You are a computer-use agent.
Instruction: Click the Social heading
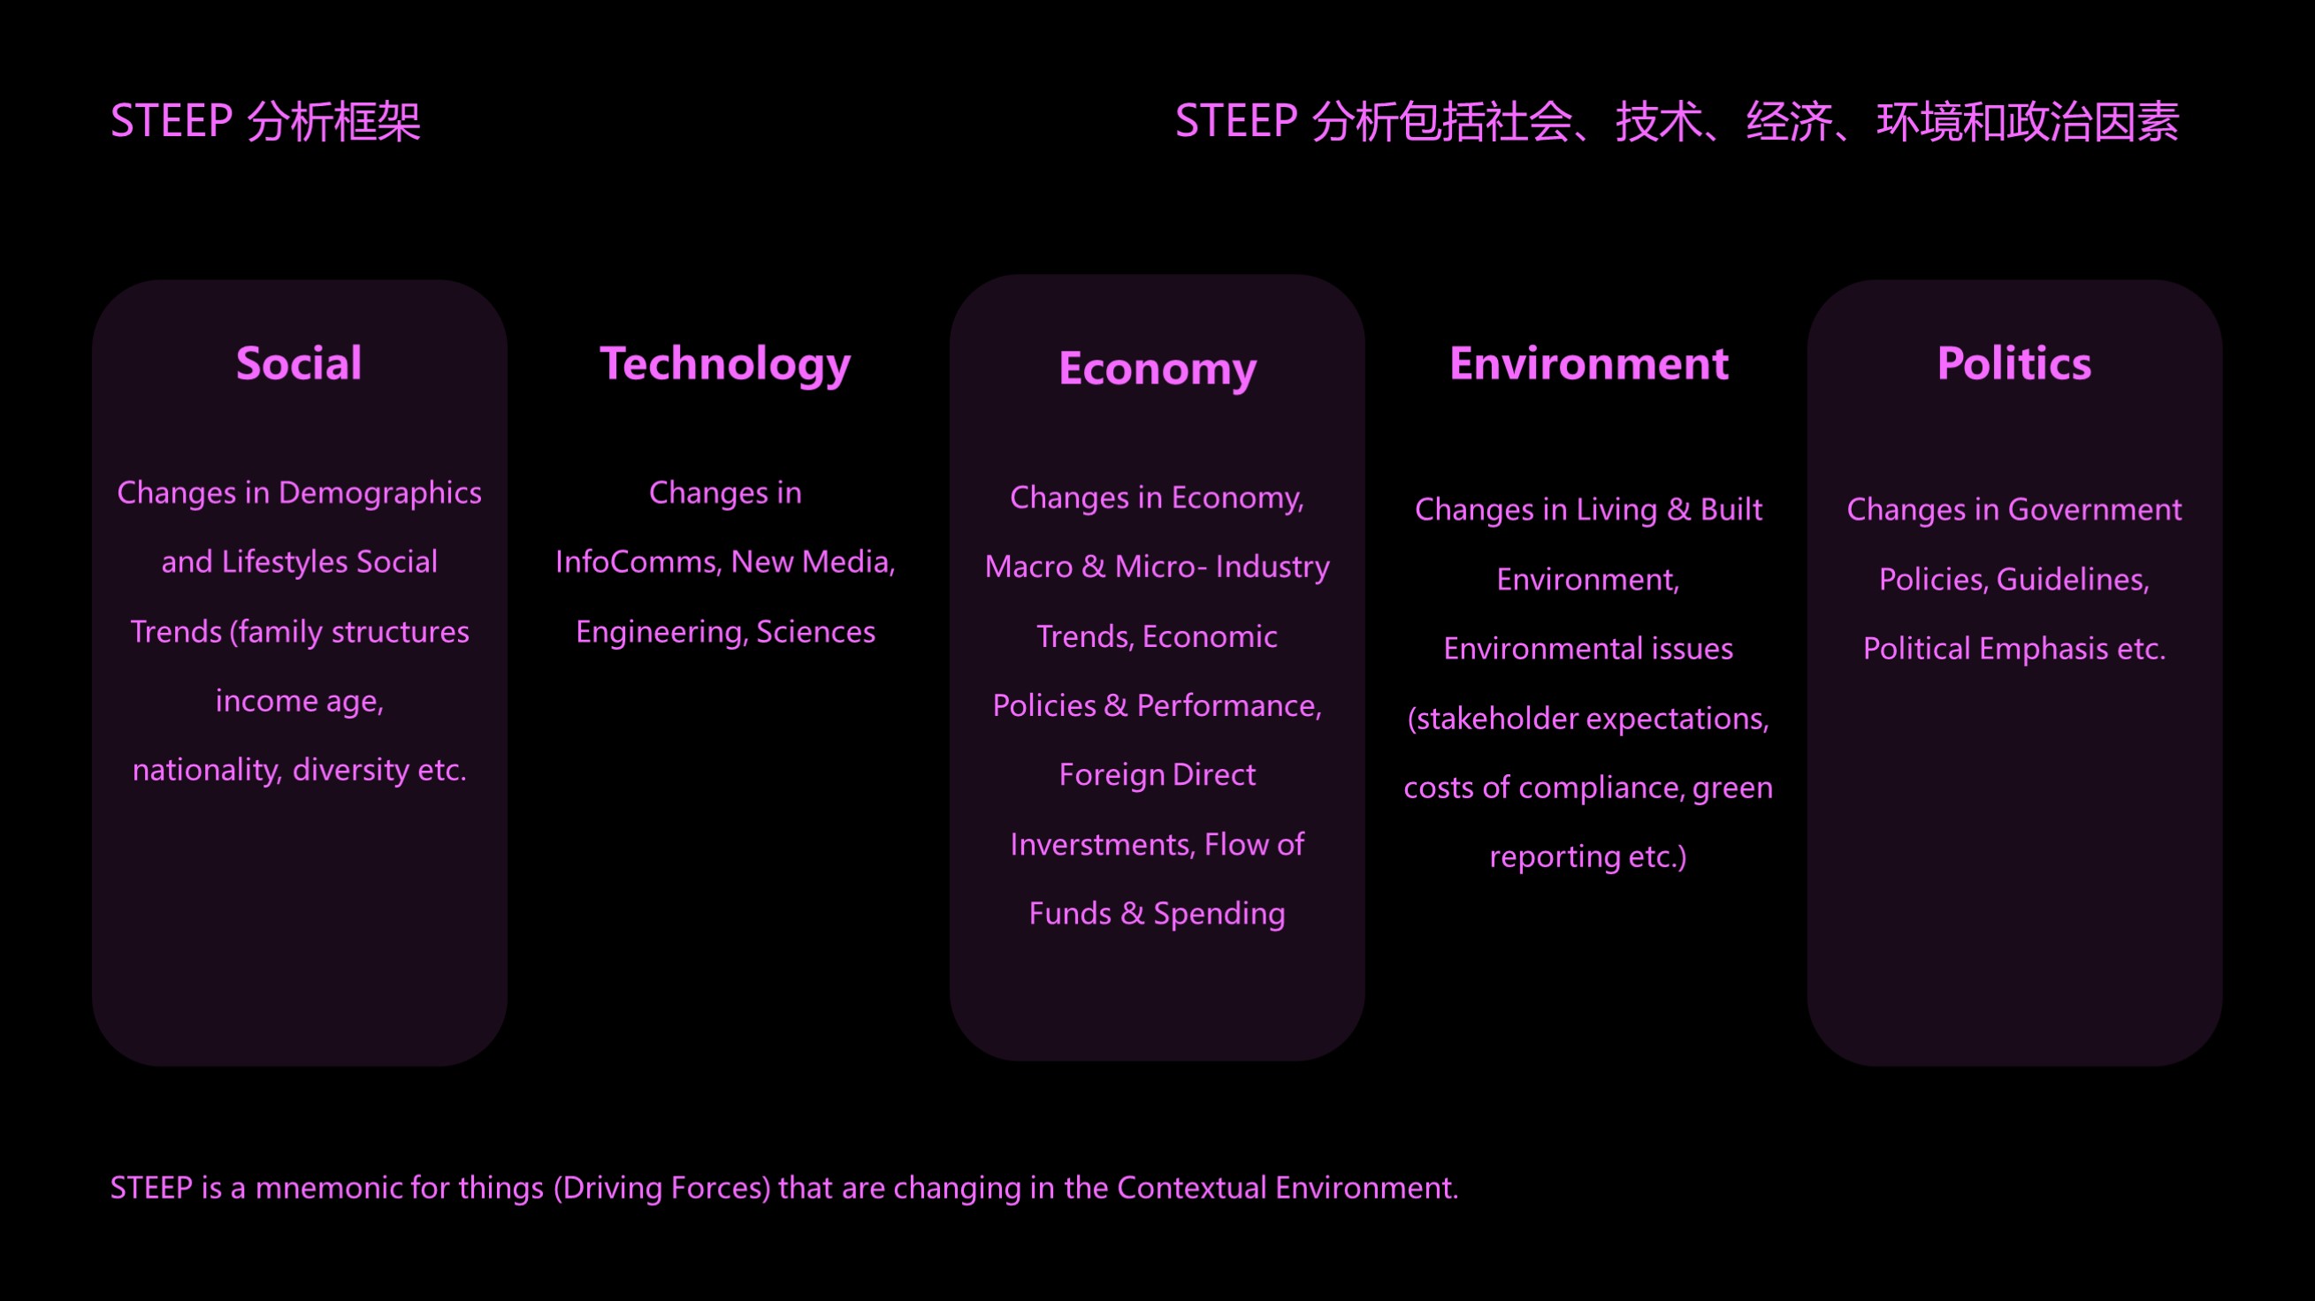click(x=299, y=364)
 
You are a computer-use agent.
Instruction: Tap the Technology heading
click(x=725, y=366)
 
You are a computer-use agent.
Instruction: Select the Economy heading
click(x=1157, y=370)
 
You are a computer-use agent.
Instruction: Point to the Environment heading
click(x=1589, y=364)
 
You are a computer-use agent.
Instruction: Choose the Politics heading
click(x=2014, y=364)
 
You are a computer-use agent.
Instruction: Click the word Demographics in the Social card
click(x=380, y=493)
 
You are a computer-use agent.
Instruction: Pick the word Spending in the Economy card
click(x=1219, y=915)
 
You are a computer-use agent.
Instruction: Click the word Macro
click(x=1029, y=567)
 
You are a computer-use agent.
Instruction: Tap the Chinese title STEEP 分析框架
click(x=265, y=121)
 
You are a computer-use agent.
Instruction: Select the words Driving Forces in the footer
click(x=662, y=1189)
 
